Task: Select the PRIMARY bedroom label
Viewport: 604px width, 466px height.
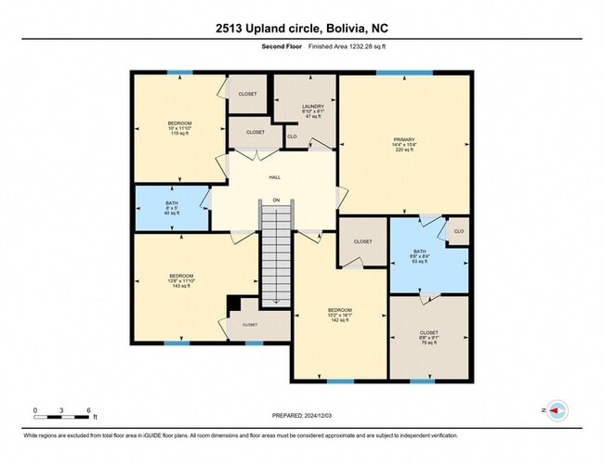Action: [403, 147]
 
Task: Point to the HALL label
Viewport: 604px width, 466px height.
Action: [275, 177]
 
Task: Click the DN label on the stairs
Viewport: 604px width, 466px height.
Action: [275, 200]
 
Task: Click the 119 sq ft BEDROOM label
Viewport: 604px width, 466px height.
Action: [179, 128]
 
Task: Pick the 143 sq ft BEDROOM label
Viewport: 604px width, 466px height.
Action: [181, 280]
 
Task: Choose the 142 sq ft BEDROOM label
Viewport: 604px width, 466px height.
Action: [339, 314]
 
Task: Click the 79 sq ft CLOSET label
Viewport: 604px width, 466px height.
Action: [428, 337]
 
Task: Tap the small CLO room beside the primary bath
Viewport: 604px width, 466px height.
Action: [457, 230]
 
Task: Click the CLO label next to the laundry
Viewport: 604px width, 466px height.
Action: [291, 137]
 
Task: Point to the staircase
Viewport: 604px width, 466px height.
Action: [275, 255]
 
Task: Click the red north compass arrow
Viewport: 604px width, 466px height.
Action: [558, 409]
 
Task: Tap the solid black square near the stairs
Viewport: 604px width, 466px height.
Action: [233, 304]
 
